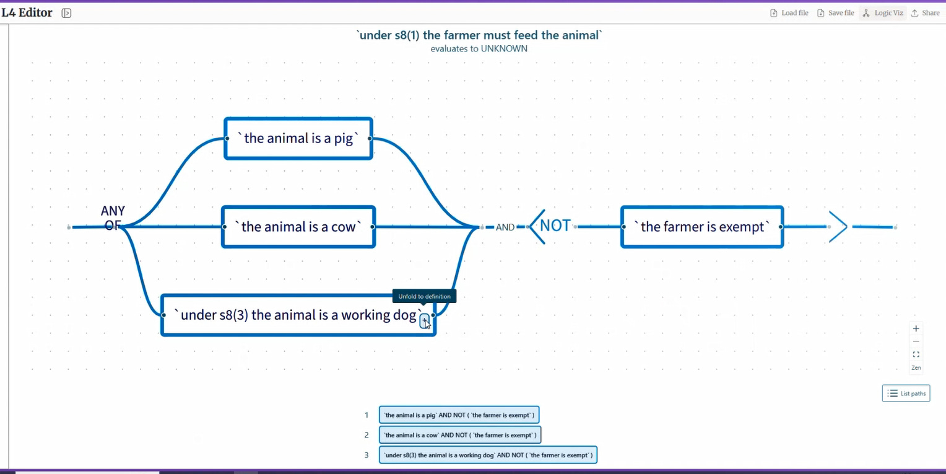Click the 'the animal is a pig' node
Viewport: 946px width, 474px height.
pos(298,138)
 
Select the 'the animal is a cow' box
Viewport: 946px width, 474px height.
pos(298,227)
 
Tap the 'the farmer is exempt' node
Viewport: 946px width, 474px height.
pos(701,227)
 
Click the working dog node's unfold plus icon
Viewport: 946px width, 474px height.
pos(424,320)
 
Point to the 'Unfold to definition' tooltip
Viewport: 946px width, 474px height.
pos(424,296)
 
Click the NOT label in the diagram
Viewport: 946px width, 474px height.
pos(555,226)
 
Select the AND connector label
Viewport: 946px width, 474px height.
pos(505,227)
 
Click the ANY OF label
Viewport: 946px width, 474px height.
pos(113,218)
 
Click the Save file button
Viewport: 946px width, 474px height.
pos(835,13)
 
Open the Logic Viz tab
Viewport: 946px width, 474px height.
pos(883,13)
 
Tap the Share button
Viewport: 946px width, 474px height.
pos(925,13)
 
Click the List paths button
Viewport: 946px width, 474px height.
pos(906,393)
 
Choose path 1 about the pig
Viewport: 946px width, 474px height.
pos(459,415)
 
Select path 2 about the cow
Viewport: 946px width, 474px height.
pos(460,435)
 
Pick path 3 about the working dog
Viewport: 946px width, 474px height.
pos(488,455)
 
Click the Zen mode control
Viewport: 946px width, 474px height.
pos(916,368)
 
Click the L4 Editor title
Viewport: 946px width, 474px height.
pos(27,12)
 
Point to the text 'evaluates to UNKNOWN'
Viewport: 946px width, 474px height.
pos(479,48)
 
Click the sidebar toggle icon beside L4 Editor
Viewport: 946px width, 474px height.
pos(66,13)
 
